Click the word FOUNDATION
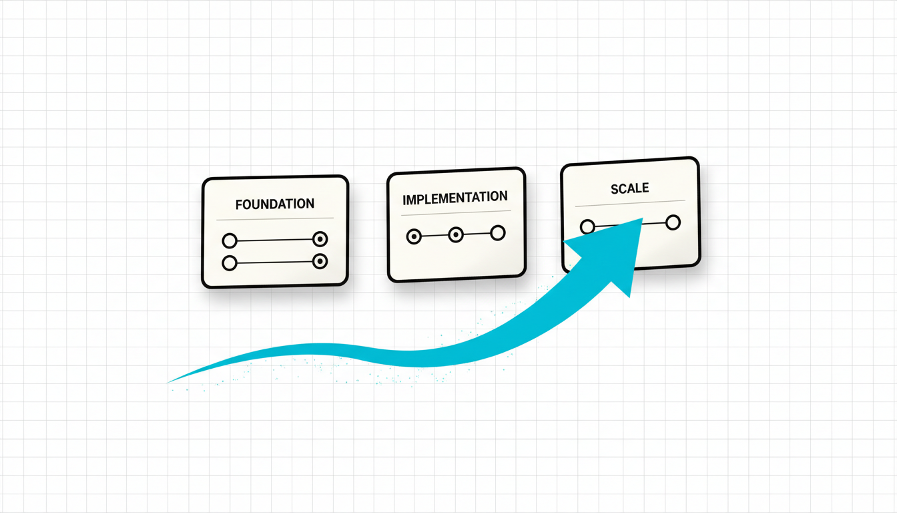274,204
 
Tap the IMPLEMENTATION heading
455,198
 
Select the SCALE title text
629,188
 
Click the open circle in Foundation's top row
230,240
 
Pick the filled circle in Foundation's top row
320,239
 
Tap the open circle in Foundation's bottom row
230,263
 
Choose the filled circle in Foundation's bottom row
320,262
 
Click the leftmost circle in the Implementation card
414,236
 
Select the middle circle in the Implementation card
456,234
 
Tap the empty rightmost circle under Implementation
497,233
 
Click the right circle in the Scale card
673,222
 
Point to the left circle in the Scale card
587,227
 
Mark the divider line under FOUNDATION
274,219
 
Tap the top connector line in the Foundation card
274,240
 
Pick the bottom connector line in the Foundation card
274,263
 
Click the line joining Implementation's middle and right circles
477,234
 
